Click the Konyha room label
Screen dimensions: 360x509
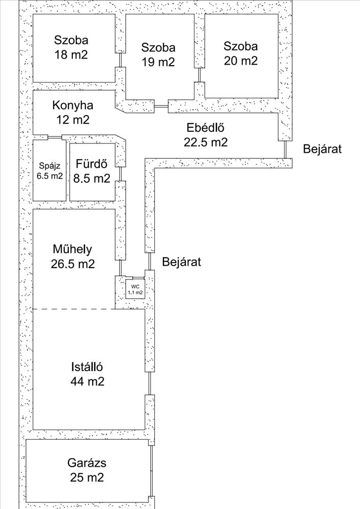click(73, 105)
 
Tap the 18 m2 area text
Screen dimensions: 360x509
click(71, 54)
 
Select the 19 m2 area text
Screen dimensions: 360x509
click(158, 62)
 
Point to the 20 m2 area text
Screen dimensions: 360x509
click(240, 61)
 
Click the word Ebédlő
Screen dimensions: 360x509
click(206, 128)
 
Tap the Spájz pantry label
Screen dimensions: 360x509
click(50, 166)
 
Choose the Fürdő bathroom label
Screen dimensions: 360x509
click(92, 163)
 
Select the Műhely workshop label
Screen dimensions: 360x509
click(72, 249)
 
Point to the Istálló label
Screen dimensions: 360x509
click(87, 367)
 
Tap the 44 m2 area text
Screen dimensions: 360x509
click(87, 381)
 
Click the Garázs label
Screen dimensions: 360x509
click(87, 463)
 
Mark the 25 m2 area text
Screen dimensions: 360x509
click(87, 477)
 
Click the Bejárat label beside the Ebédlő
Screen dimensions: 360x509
click(322, 149)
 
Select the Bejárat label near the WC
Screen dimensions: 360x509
click(181, 262)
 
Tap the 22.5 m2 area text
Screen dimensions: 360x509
click(206, 142)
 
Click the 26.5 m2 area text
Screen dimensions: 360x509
click(73, 263)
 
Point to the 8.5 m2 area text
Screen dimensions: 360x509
click(92, 178)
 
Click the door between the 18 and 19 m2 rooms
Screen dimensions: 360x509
click(121, 60)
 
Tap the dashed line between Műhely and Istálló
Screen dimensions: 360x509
click(74, 309)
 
